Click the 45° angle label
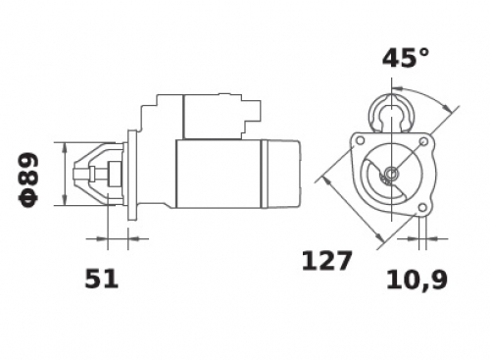click(x=406, y=58)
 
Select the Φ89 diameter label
click(x=28, y=180)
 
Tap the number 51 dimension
click(x=101, y=279)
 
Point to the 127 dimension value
click(x=326, y=261)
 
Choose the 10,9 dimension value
click(x=416, y=280)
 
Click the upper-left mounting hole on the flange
click(x=360, y=141)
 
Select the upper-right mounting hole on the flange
click(x=423, y=141)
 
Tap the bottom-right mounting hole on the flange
click(x=422, y=207)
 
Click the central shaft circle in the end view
click(x=391, y=173)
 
